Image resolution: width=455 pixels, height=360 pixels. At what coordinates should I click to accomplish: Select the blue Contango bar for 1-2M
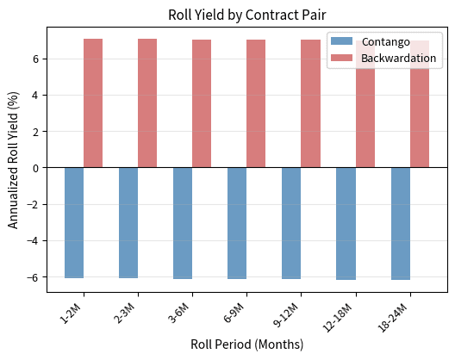pos(74,222)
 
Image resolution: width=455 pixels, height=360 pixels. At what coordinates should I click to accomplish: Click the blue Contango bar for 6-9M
pos(237,223)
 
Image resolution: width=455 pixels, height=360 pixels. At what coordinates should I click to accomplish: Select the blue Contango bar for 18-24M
pos(400,223)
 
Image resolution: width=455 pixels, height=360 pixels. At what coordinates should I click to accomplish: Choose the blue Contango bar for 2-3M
pos(128,222)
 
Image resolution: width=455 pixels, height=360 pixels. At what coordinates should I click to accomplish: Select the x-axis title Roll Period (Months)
pos(246,345)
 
